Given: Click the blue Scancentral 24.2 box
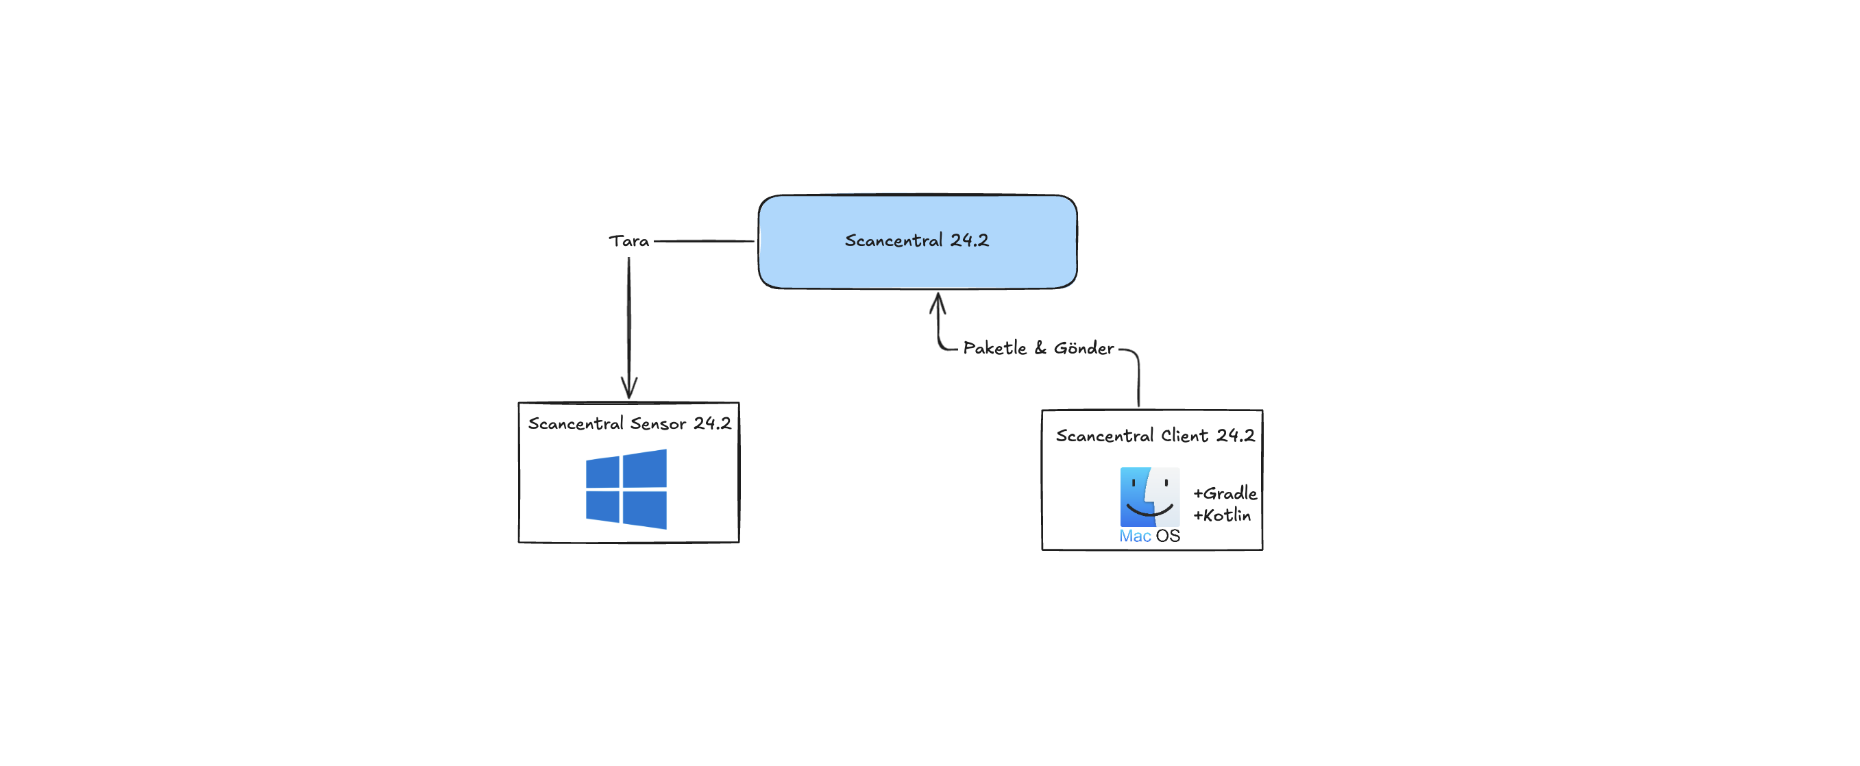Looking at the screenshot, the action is [x=917, y=242].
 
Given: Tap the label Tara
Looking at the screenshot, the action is [x=629, y=241].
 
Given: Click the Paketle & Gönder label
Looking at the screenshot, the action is [x=1038, y=348].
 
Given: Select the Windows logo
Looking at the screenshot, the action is [x=626, y=489].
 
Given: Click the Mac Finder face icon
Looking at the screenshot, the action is [x=1149, y=497].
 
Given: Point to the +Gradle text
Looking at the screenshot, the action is [x=1225, y=493].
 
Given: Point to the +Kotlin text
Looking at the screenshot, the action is [x=1222, y=515].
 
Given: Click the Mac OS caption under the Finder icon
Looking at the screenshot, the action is [x=1149, y=536].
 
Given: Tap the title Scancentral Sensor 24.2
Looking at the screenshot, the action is [x=630, y=424].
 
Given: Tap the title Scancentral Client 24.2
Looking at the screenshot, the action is [x=1155, y=435].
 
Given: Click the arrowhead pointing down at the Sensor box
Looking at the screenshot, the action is [x=629, y=388].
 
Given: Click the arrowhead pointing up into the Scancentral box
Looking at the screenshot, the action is [x=938, y=303].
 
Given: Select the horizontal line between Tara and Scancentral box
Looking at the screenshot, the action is [x=704, y=241].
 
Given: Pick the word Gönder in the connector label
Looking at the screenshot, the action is [x=1084, y=348].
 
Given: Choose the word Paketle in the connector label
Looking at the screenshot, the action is [x=994, y=348].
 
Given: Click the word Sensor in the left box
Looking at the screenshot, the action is [x=658, y=424].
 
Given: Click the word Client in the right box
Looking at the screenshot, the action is [x=1184, y=435].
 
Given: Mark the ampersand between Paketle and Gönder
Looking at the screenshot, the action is [x=1040, y=348].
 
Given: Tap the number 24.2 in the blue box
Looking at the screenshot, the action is [x=969, y=240].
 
